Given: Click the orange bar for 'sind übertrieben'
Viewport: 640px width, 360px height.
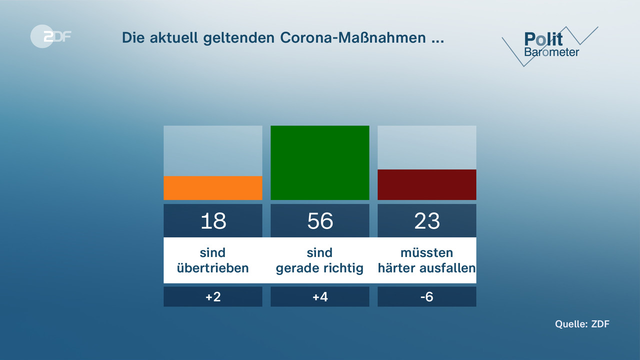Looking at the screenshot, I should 213,188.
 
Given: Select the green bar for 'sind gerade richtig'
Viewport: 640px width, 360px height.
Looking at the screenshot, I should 320,162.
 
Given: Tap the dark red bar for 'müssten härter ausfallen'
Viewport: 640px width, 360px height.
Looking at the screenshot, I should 426,184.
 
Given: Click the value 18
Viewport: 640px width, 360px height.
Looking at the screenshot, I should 213,221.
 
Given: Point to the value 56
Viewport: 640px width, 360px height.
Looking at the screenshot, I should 320,221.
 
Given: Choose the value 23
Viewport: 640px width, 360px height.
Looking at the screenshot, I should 426,221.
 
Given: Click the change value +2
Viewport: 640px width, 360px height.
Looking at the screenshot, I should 213,297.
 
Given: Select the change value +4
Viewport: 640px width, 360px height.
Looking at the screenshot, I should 320,297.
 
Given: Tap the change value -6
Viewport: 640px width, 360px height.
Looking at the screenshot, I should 426,297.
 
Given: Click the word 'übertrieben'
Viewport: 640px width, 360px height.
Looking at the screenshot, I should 213,268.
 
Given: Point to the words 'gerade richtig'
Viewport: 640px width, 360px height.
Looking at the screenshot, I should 320,268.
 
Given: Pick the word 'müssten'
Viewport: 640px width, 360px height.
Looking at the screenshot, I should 426,252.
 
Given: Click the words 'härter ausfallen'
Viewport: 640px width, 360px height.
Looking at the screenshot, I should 426,268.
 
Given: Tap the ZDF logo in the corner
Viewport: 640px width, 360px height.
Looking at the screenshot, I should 50,36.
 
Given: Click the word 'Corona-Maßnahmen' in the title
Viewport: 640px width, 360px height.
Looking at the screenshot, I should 353,38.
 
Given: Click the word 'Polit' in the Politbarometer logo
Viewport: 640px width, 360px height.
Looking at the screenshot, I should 543,39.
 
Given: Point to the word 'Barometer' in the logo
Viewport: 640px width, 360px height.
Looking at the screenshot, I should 551,52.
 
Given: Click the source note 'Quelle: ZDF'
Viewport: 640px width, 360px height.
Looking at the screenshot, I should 582,324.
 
